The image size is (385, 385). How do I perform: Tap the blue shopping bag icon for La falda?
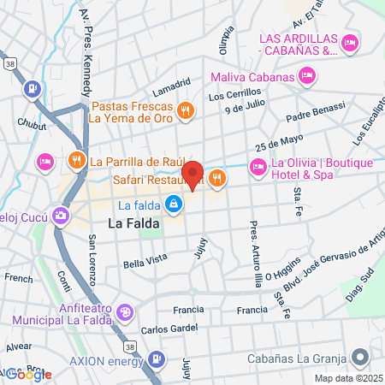(174, 204)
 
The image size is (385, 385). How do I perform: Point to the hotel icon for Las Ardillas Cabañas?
(349, 43)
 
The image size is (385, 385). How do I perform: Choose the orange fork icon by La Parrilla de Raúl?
(76, 160)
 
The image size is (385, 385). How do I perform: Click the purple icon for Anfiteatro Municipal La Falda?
(126, 312)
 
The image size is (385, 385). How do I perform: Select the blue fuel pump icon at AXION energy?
(156, 359)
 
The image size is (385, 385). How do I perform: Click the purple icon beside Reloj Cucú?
(60, 214)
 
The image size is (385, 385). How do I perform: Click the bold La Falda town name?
(134, 224)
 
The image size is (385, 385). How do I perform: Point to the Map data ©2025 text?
(347, 378)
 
